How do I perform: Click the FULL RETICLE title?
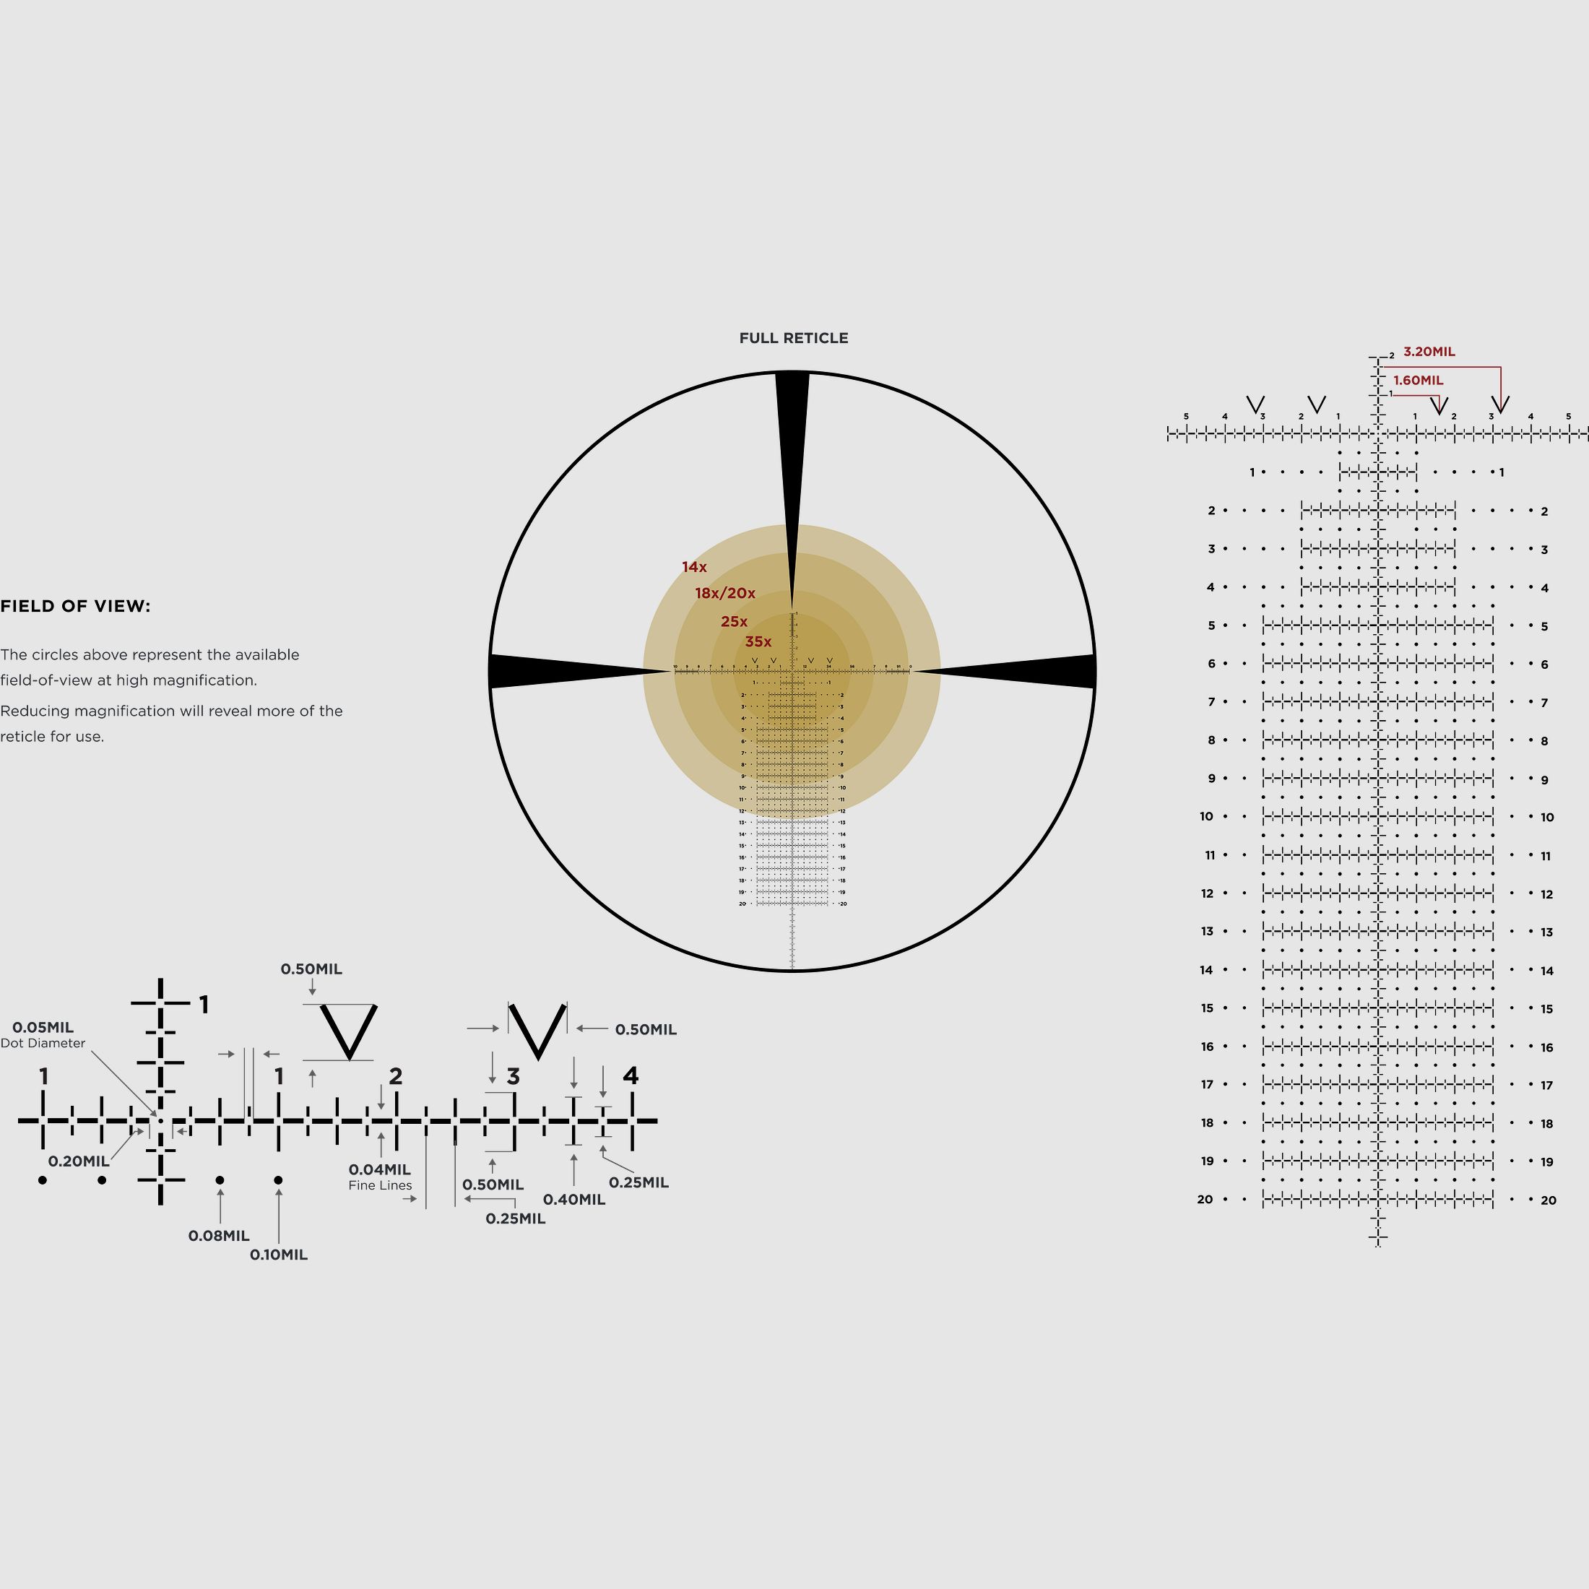793,338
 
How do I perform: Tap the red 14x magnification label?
693,567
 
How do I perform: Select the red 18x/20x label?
724,593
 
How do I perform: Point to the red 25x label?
734,621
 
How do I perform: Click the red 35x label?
758,641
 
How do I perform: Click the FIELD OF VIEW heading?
75,606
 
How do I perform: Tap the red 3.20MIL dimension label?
1429,351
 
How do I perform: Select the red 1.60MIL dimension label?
1417,380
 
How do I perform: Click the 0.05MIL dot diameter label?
43,1027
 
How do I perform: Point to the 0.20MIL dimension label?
78,1161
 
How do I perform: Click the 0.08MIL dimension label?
219,1235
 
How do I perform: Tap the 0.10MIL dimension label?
278,1255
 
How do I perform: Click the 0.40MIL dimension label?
573,1199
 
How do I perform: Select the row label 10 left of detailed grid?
1205,817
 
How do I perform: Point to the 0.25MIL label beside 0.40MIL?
638,1182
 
